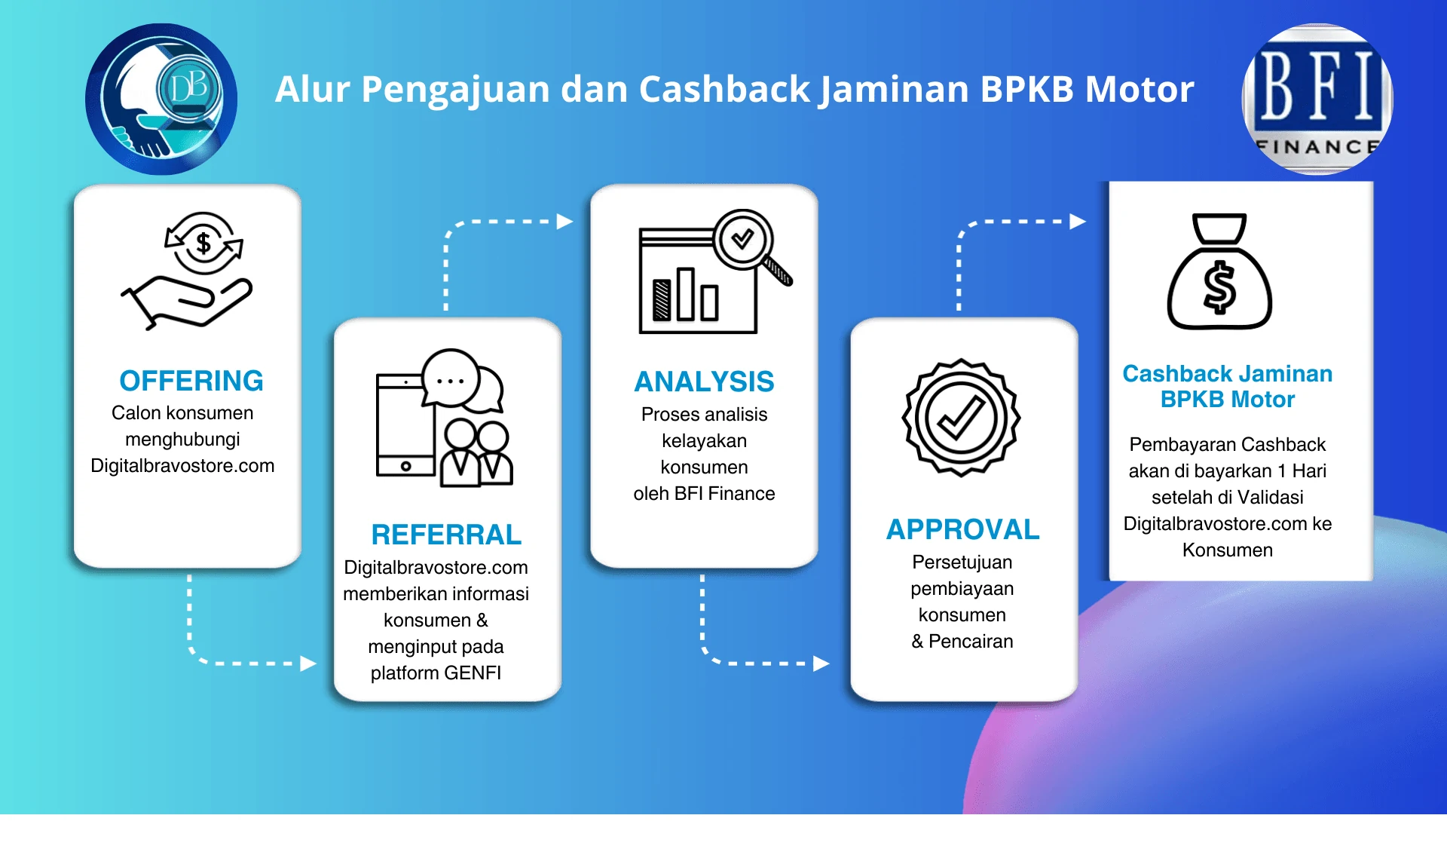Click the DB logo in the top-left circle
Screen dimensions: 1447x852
click(161, 99)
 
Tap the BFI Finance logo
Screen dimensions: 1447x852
click(1317, 99)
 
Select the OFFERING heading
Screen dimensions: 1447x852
click(191, 381)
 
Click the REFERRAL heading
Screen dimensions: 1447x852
click(446, 535)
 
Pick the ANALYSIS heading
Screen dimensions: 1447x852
click(704, 382)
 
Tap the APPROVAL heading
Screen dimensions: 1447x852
click(962, 529)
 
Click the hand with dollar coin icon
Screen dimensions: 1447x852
click(187, 271)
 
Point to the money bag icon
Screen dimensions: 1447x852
click(1219, 271)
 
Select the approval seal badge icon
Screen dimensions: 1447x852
click(961, 418)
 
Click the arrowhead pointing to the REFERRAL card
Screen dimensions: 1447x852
click(308, 664)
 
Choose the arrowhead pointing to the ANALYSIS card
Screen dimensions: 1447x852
click(565, 222)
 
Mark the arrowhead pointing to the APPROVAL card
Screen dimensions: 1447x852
click(821, 664)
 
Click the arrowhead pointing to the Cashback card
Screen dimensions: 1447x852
click(1078, 222)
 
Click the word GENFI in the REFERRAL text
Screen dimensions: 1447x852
click(473, 673)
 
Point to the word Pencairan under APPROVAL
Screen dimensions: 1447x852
click(971, 641)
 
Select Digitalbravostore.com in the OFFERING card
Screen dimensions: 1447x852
click(182, 465)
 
